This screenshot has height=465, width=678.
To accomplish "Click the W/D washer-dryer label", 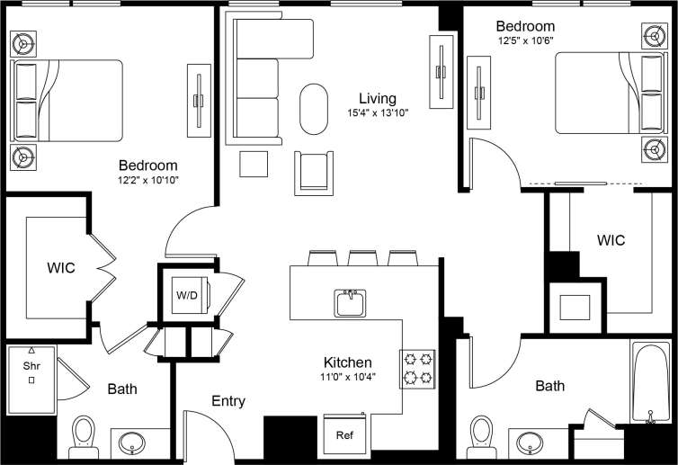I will click(187, 295).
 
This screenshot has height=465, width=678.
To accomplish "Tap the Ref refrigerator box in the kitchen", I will click(345, 435).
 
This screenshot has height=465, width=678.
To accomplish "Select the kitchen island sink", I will click(351, 303).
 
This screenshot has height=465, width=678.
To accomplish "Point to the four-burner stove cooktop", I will click(417, 368).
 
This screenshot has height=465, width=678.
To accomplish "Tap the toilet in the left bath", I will click(84, 433).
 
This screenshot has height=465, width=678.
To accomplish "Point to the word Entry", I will click(228, 401).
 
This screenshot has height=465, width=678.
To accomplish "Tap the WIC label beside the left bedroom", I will click(61, 268).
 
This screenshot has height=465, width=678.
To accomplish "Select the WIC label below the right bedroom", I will click(611, 240).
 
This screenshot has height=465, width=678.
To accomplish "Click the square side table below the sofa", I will click(254, 165).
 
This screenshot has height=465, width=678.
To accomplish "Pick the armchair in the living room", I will click(314, 171).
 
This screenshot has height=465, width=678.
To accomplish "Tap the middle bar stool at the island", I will click(362, 259).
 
